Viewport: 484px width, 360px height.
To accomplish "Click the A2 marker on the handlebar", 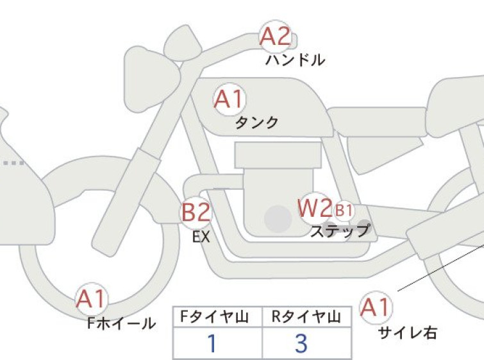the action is (x=276, y=37).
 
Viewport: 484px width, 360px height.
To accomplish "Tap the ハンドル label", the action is (x=295, y=60).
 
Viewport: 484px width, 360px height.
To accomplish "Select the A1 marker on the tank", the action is (x=229, y=99).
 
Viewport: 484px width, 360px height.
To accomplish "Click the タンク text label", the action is (x=257, y=123).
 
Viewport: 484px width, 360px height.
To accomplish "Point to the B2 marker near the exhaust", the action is (x=196, y=212).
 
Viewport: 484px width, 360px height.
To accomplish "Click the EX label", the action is (x=201, y=237).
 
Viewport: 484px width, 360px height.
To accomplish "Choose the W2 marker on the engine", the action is (x=315, y=208).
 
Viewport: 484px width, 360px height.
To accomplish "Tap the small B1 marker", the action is (x=344, y=210).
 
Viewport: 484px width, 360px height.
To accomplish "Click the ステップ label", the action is (x=340, y=231).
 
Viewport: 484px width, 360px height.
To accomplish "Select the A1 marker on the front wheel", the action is (x=92, y=299).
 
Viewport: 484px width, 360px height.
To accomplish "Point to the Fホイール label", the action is (x=121, y=323).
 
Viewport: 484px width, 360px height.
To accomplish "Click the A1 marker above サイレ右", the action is (x=376, y=307).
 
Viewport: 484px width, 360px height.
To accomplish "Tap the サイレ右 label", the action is (x=408, y=333).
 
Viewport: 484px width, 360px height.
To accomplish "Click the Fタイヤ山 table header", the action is (x=214, y=317).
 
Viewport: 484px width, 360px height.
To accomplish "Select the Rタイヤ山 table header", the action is (x=306, y=317).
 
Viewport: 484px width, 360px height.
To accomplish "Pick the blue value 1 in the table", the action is (x=212, y=343).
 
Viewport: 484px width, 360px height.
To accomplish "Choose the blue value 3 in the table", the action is (x=301, y=343).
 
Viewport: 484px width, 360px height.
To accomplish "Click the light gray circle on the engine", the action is (x=278, y=219).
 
